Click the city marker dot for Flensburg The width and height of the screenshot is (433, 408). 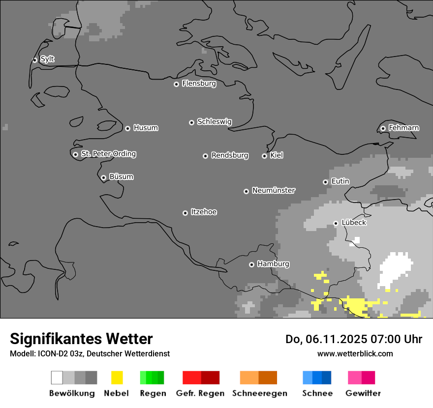[x=176, y=84]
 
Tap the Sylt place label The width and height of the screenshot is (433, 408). [x=47, y=59]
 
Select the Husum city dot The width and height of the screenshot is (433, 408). [x=127, y=128]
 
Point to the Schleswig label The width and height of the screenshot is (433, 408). [x=214, y=121]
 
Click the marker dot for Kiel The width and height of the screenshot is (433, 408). [x=264, y=156]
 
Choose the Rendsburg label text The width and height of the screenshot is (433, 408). [x=230, y=155]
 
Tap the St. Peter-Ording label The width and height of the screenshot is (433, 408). [x=108, y=154]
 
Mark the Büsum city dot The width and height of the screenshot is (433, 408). [x=103, y=177]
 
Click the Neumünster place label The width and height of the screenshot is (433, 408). [x=274, y=190]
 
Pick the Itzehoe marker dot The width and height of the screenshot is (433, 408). [x=185, y=213]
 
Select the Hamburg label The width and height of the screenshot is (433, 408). [x=273, y=264]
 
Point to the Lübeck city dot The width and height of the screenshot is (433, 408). [x=336, y=223]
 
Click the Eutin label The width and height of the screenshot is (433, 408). [x=340, y=181]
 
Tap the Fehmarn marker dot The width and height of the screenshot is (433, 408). [x=383, y=129]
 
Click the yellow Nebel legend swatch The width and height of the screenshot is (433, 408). [x=117, y=378]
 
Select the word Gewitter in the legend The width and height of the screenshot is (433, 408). [x=363, y=393]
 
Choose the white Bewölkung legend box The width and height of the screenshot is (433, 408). [x=57, y=378]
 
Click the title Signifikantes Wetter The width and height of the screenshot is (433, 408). [x=81, y=339]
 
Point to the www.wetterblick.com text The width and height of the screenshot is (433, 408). [x=355, y=353]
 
